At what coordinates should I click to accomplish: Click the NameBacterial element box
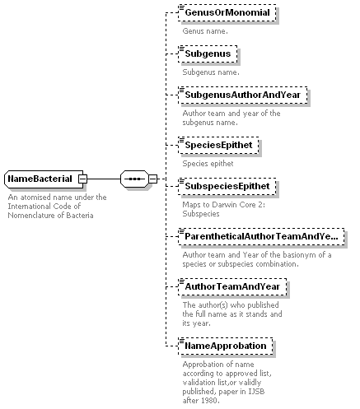pyautogui.click(x=44, y=179)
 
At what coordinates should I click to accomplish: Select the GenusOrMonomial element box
pyautogui.click(x=227, y=12)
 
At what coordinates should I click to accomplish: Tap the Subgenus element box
pyautogui.click(x=208, y=53)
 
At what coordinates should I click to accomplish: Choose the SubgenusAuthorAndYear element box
pyautogui.click(x=243, y=95)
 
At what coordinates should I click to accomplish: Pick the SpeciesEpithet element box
pyautogui.click(x=218, y=145)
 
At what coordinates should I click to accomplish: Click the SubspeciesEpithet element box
pyautogui.click(x=227, y=186)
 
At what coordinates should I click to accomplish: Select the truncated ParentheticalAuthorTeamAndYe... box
pyautogui.click(x=261, y=236)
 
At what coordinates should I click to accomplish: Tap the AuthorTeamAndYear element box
pyautogui.click(x=232, y=286)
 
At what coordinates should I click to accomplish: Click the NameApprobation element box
pyautogui.click(x=226, y=346)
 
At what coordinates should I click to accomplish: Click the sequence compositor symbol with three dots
pyautogui.click(x=134, y=179)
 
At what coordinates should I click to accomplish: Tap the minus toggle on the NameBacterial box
pyautogui.click(x=82, y=179)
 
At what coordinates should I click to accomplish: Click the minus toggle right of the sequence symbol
pyautogui.click(x=153, y=179)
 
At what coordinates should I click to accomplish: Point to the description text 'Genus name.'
pyautogui.click(x=205, y=31)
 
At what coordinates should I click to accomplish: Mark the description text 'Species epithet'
pyautogui.click(x=208, y=164)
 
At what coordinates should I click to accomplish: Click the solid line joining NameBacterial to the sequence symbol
pyautogui.click(x=104, y=179)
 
